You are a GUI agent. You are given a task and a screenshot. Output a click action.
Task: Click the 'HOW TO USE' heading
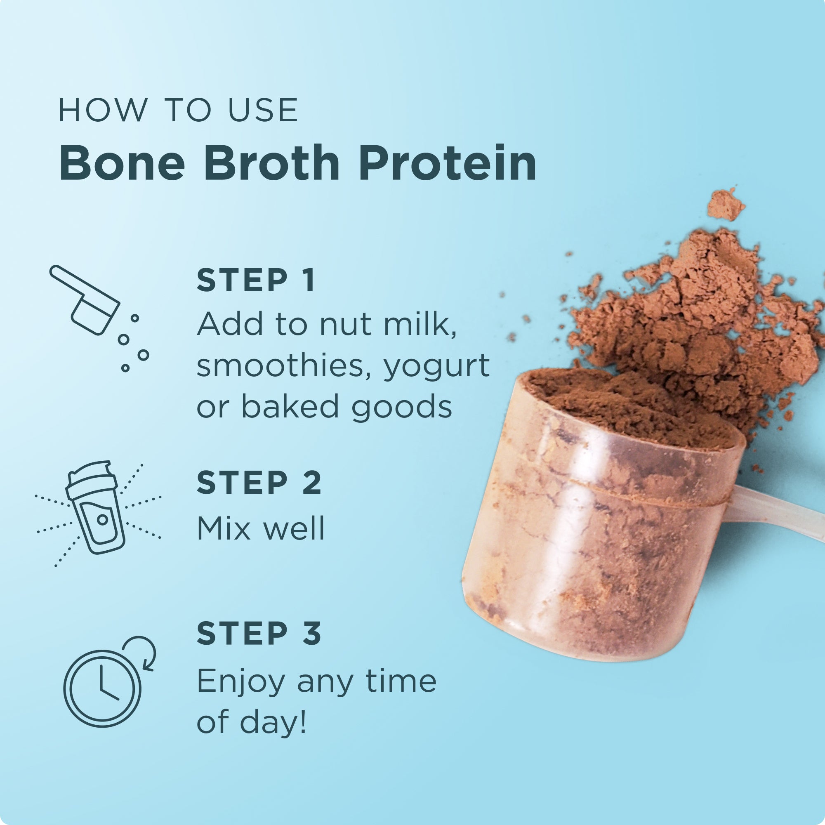pos(178,110)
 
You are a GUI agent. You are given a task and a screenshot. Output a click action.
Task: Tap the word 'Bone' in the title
pos(122,164)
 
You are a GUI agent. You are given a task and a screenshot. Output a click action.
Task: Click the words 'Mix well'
pos(260,528)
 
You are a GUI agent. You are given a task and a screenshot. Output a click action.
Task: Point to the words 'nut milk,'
pos(388,325)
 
